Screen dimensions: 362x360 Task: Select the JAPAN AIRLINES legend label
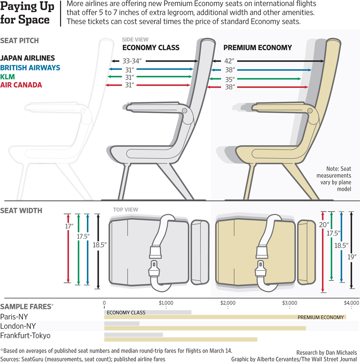pyautogui.click(x=28, y=58)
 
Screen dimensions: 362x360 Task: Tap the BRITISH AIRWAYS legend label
pyautogui.click(x=30, y=68)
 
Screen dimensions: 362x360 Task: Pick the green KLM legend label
pyautogui.click(x=7, y=77)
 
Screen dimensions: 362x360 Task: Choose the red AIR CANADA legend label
pyautogui.click(x=21, y=85)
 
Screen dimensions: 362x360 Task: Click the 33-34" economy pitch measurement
pyautogui.click(x=132, y=61)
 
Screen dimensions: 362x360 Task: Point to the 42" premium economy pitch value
pyautogui.click(x=229, y=61)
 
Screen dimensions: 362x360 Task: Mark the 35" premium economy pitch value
pyautogui.click(x=229, y=79)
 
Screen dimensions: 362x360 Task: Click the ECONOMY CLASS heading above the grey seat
pyautogui.click(x=151, y=48)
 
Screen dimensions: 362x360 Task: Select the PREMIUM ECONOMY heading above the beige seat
pyautogui.click(x=258, y=48)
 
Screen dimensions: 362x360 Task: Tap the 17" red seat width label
pyautogui.click(x=69, y=226)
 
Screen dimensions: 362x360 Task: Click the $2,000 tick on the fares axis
pyautogui.click(x=227, y=303)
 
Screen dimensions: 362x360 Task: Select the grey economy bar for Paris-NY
pyautogui.click(x=148, y=312)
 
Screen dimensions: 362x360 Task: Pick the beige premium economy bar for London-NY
pyautogui.click(x=205, y=328)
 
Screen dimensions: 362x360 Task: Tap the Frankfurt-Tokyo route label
pyautogui.click(x=25, y=336)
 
